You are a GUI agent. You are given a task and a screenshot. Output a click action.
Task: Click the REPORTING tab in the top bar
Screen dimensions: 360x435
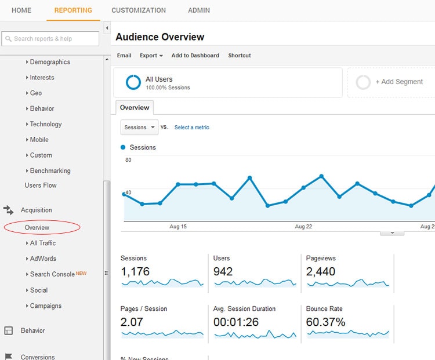(73, 10)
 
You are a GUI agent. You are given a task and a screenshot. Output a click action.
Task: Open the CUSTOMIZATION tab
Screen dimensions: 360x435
(139, 10)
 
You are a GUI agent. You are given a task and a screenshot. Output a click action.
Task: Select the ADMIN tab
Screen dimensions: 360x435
(199, 10)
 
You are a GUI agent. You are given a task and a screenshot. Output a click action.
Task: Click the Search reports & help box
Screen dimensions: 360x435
(50, 39)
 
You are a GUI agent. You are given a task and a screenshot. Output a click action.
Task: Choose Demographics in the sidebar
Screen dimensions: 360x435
(50, 62)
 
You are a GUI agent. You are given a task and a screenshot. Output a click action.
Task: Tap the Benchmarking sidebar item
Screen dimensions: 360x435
(50, 171)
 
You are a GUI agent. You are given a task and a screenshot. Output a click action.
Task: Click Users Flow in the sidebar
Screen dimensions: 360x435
(41, 186)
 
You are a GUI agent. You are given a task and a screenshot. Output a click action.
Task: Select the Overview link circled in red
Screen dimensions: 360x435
(37, 228)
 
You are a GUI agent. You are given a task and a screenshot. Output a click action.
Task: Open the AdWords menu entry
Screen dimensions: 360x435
(43, 259)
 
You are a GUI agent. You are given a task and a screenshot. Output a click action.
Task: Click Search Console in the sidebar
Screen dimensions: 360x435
(52, 275)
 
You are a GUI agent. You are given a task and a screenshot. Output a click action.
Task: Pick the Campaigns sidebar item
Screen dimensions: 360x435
(45, 306)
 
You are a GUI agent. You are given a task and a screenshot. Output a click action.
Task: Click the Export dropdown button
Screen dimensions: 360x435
(151, 56)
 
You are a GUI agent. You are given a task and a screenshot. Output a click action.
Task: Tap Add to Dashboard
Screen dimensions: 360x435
(195, 56)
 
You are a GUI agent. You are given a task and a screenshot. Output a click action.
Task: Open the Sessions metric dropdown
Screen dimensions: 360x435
(139, 128)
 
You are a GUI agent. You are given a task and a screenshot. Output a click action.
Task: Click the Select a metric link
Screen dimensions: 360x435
(191, 128)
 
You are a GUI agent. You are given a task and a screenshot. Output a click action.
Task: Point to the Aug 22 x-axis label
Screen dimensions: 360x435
(303, 227)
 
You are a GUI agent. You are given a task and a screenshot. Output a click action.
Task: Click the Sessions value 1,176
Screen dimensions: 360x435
(135, 271)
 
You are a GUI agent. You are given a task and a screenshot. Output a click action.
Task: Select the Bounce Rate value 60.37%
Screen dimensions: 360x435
(325, 322)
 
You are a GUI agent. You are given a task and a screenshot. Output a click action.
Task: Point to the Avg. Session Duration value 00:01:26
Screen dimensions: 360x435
(236, 322)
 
